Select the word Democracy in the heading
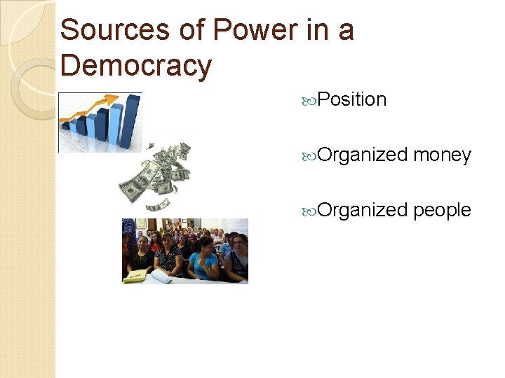click(x=136, y=66)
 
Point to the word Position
click(x=351, y=99)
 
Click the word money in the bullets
click(x=442, y=155)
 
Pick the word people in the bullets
click(x=442, y=209)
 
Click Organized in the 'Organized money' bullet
click(x=363, y=155)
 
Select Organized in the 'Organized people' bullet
click(x=363, y=209)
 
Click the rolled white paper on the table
click(x=161, y=278)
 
